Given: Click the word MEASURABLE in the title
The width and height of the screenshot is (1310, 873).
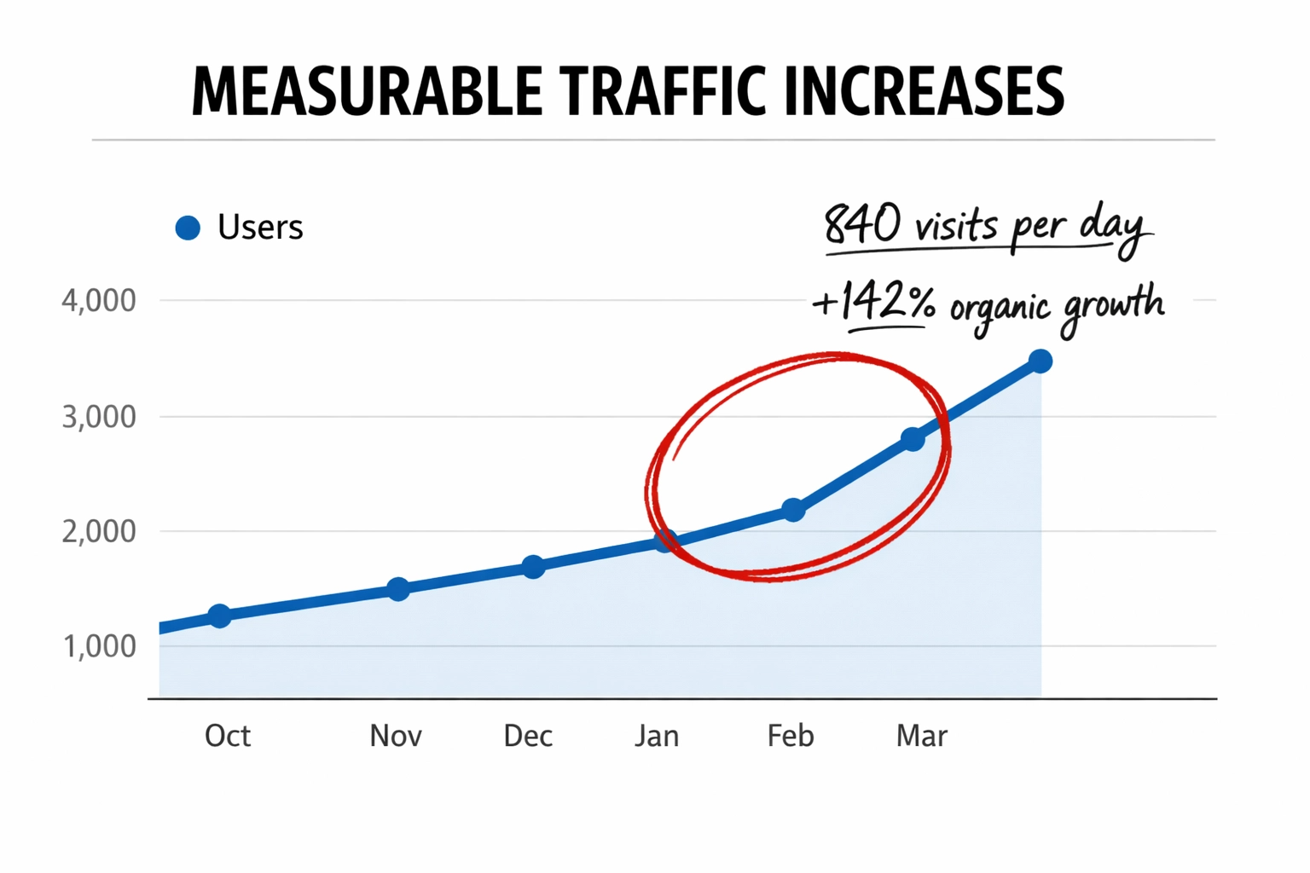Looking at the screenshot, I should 367,90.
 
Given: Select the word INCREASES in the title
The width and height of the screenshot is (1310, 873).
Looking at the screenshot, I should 924,90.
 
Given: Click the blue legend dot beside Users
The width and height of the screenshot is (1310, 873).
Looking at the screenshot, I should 188,228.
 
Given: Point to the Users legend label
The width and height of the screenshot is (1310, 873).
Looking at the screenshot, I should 260,228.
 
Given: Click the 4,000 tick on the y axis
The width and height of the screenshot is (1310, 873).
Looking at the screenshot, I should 99,301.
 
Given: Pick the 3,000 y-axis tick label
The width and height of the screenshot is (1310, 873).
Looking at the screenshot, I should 99,417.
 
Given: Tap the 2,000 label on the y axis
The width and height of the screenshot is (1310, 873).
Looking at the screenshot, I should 99,531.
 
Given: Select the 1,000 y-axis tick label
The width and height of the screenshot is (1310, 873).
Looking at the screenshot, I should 99,646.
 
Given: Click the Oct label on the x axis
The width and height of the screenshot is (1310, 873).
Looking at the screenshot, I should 227,736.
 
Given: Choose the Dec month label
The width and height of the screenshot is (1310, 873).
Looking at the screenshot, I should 528,736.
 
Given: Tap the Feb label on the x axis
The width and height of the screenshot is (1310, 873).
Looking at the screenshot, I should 791,736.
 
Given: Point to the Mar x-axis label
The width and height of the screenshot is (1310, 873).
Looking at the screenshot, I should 921,736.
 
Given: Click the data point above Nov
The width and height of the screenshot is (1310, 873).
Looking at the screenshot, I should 398,589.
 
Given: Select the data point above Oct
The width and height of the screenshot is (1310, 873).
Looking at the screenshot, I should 219,616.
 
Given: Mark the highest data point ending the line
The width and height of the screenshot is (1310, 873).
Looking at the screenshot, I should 1040,361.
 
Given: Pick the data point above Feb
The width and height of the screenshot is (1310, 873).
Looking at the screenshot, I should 793,510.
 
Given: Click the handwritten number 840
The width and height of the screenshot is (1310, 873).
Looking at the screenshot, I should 862,224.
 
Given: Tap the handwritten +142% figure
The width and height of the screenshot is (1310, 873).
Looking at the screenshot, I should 873,303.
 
